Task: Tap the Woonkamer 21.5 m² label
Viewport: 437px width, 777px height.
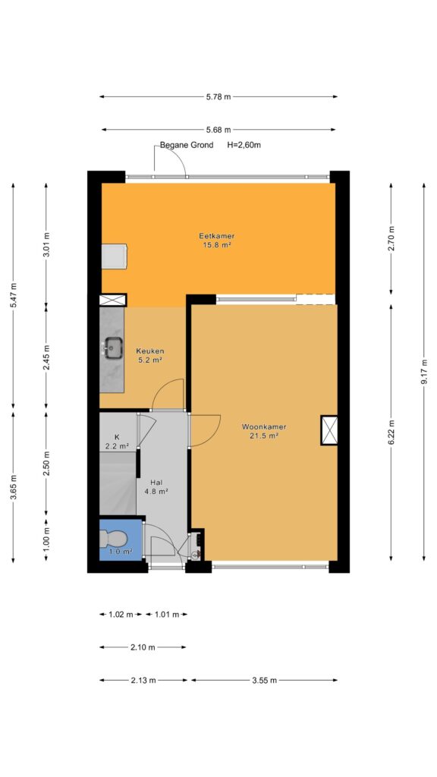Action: tap(258, 431)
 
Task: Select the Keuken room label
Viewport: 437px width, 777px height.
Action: tap(150, 355)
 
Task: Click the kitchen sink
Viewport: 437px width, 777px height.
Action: tap(114, 347)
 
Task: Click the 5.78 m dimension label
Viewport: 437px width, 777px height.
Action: tap(218, 96)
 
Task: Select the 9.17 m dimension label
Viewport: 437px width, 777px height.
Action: tap(424, 372)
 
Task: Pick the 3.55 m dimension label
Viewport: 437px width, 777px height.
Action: tap(263, 681)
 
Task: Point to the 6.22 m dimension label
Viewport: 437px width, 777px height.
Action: tap(391, 432)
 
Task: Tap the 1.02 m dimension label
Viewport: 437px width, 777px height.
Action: tap(121, 615)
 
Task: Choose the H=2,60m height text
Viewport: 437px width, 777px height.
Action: tap(244, 145)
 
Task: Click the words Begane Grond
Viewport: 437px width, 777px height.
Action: tap(187, 145)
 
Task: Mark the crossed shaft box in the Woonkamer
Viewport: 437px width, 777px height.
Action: tap(329, 430)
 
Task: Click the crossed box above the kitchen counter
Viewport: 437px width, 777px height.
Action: tap(112, 300)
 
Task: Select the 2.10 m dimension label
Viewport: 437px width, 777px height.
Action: tap(143, 647)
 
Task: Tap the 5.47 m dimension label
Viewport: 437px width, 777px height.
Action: tap(14, 295)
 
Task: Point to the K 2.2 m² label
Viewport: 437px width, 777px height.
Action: tap(118, 441)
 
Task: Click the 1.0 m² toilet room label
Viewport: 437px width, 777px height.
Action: tap(121, 551)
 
